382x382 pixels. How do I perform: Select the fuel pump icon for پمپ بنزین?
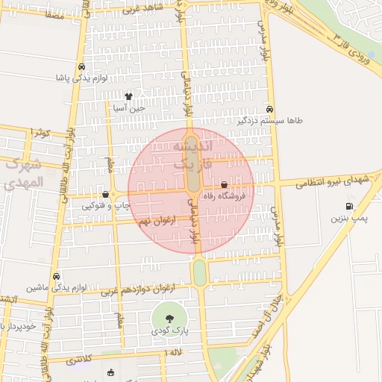click(x=349, y=207)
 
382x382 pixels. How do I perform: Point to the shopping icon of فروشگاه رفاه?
click(x=225, y=184)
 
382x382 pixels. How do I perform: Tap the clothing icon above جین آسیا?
click(x=128, y=96)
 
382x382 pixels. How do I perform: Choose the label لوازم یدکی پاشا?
click(x=82, y=77)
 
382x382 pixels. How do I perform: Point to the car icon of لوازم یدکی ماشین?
click(x=57, y=275)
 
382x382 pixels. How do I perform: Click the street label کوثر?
click(x=40, y=133)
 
